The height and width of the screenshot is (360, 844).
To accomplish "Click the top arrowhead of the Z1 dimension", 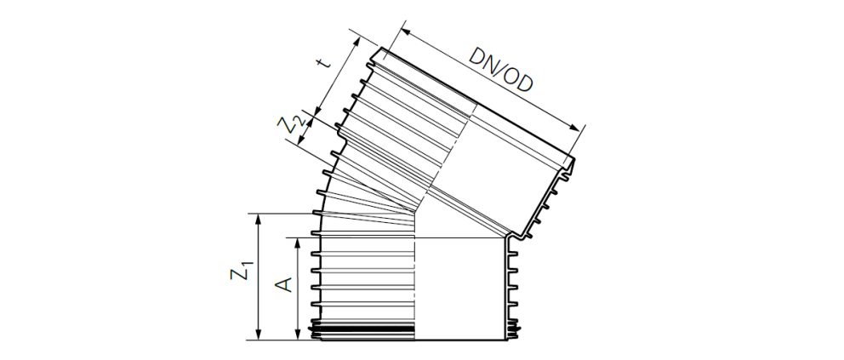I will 259,217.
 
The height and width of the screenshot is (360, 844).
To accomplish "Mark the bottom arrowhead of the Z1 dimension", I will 259,336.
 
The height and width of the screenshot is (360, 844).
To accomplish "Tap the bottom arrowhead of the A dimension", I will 297,336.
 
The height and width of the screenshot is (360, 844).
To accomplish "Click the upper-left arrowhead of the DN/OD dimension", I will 402,32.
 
